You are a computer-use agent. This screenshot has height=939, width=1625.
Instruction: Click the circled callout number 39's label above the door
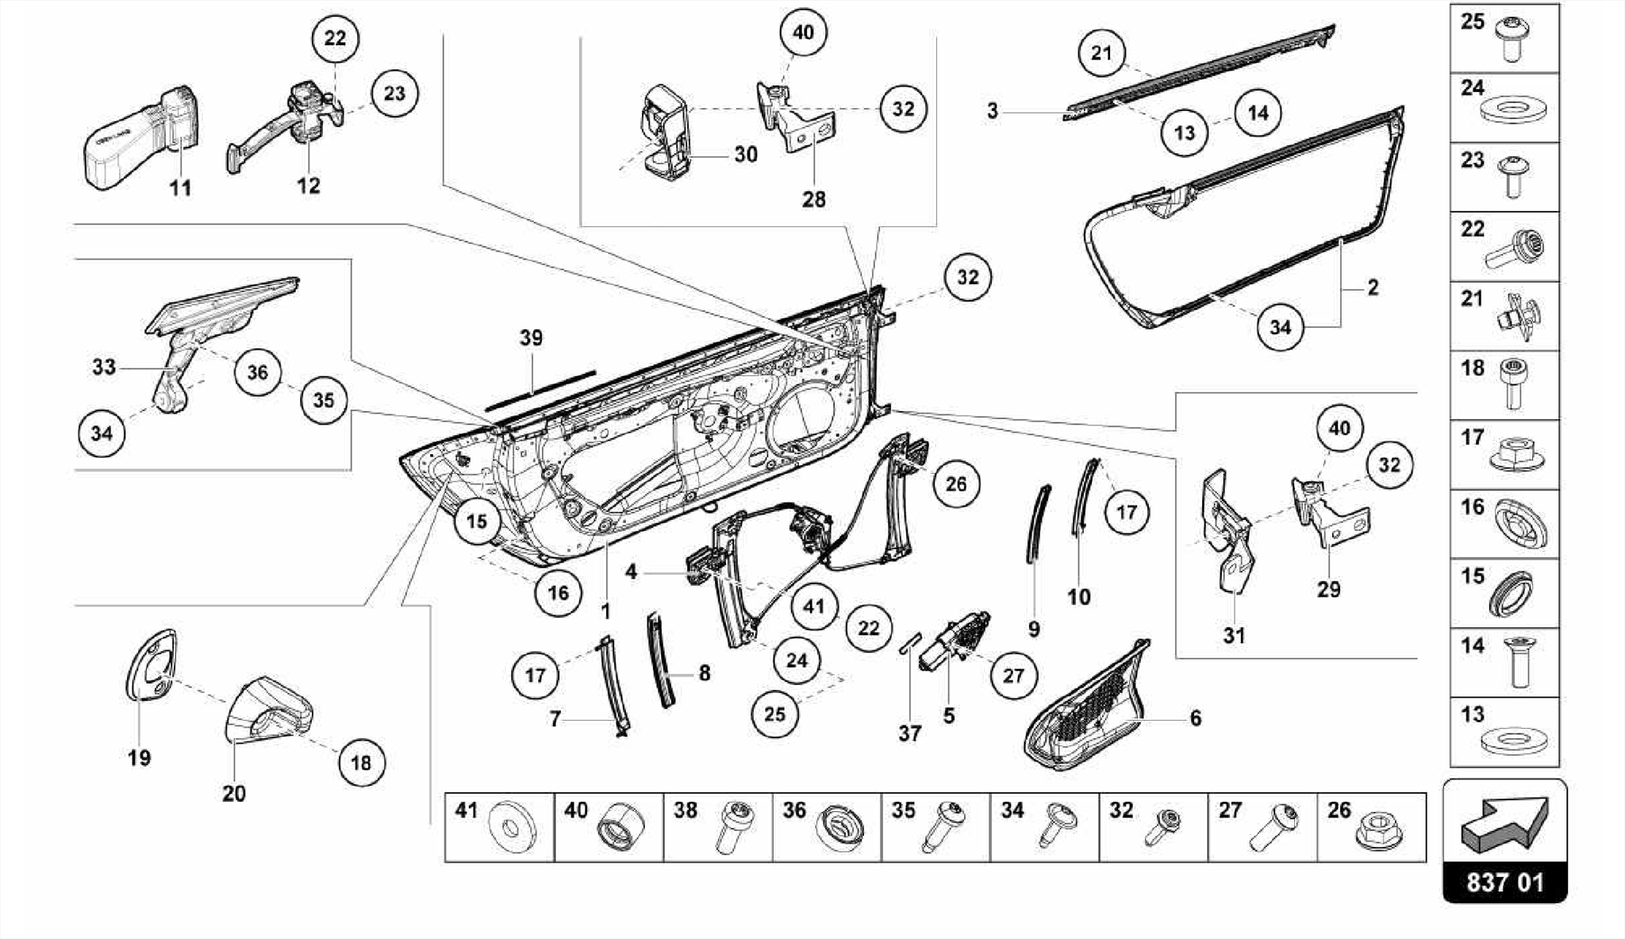[x=531, y=338]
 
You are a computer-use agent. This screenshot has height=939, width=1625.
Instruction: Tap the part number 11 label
[x=180, y=188]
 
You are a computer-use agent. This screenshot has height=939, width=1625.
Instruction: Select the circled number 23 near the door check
[x=394, y=94]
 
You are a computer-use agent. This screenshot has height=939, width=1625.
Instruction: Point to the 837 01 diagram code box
[x=1504, y=883]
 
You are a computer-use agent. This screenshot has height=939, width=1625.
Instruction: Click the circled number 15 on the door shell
[x=476, y=521]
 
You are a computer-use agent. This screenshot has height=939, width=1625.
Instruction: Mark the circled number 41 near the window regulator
[x=814, y=607]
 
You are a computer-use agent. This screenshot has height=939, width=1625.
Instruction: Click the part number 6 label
[x=1195, y=718]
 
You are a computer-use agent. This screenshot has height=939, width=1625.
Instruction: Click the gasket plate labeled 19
[x=151, y=667]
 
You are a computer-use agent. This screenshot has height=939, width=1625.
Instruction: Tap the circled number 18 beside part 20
[x=361, y=763]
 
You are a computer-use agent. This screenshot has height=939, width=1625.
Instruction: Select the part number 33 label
[x=104, y=367]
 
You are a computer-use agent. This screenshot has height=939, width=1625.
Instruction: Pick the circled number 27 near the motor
[x=1013, y=675]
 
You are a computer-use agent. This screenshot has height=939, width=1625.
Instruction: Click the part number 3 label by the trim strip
[x=992, y=111]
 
